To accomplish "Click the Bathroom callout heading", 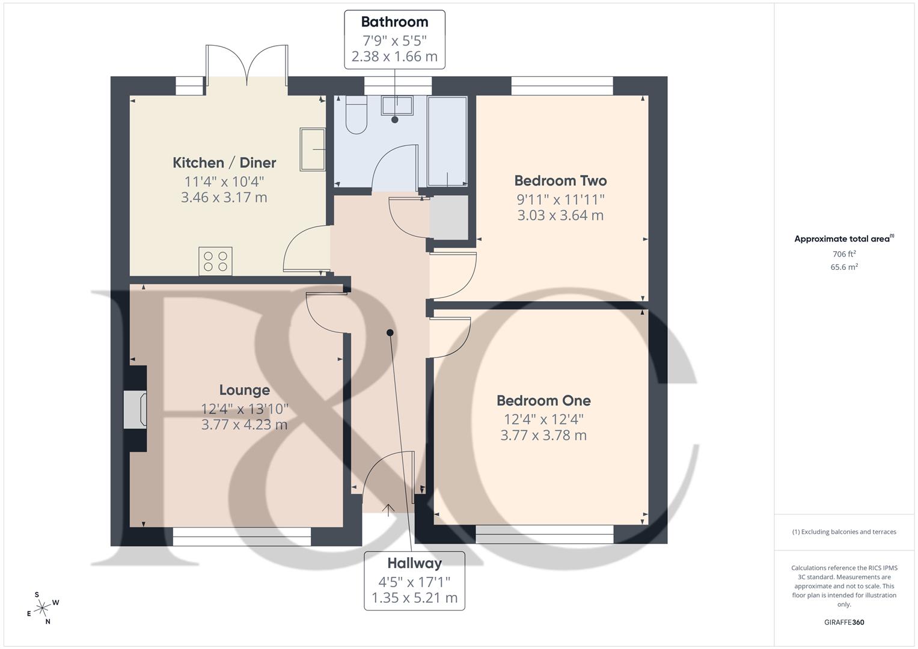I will click(x=394, y=22).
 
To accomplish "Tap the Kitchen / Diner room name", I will click(x=224, y=162).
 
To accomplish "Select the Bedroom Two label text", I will click(x=560, y=181).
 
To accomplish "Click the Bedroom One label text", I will click(x=543, y=401).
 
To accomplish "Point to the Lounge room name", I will click(x=244, y=391).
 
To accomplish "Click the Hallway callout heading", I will click(x=414, y=564).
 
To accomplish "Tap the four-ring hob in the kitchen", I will click(x=216, y=261).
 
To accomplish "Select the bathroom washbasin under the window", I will click(x=397, y=105).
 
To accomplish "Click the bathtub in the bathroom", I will click(x=447, y=141).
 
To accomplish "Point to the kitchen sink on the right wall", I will click(x=313, y=149).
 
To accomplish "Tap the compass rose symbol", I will click(x=42, y=608).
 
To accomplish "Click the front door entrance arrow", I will click(x=388, y=510).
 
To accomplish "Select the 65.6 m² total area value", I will click(x=844, y=267).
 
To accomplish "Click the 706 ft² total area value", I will click(x=844, y=254).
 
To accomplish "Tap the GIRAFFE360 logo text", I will click(x=844, y=623).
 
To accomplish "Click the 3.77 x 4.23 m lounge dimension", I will click(x=244, y=425).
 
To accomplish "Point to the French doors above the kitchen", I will click(x=247, y=63).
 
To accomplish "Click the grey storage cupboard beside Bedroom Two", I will click(x=449, y=217).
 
